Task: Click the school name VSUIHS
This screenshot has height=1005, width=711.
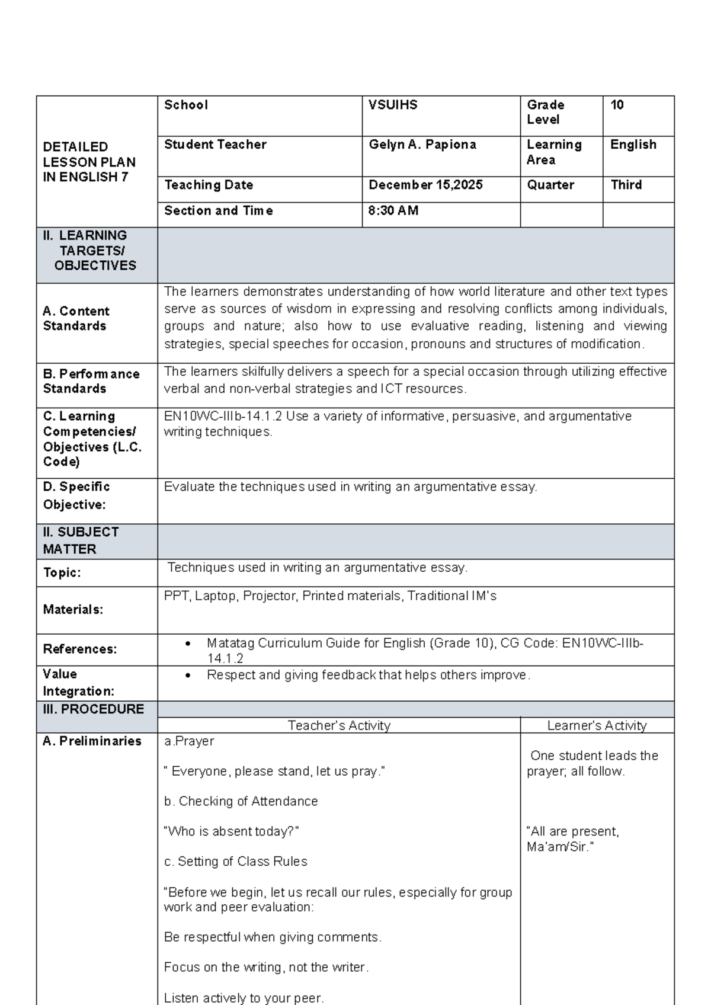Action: pos(393,105)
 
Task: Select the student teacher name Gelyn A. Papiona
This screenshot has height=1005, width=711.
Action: pos(422,145)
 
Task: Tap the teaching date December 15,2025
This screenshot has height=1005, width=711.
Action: pos(425,185)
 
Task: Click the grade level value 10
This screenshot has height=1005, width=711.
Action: pos(617,105)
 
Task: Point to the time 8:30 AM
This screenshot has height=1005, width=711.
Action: pos(393,210)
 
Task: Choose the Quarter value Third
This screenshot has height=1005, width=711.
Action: pos(626,185)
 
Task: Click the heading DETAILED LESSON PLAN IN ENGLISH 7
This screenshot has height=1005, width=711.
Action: pos(89,162)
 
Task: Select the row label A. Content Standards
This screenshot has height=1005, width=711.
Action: pos(76,318)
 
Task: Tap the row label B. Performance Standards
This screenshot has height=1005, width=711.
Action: pos(91,381)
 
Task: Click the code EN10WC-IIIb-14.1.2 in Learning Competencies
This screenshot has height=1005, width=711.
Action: pos(223,417)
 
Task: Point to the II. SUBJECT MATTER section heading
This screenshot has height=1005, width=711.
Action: pos(81,540)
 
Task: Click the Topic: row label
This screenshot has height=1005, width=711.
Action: pos(62,572)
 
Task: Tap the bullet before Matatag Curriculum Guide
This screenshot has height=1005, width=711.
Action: pos(188,644)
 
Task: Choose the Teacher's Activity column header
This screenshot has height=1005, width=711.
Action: pos(339,725)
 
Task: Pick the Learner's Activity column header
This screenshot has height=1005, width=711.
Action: pos(597,725)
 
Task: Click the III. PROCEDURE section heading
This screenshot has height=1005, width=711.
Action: pos(93,709)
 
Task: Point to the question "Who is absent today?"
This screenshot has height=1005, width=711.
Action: pos(231,831)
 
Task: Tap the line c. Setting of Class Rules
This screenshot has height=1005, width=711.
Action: pos(235,862)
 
